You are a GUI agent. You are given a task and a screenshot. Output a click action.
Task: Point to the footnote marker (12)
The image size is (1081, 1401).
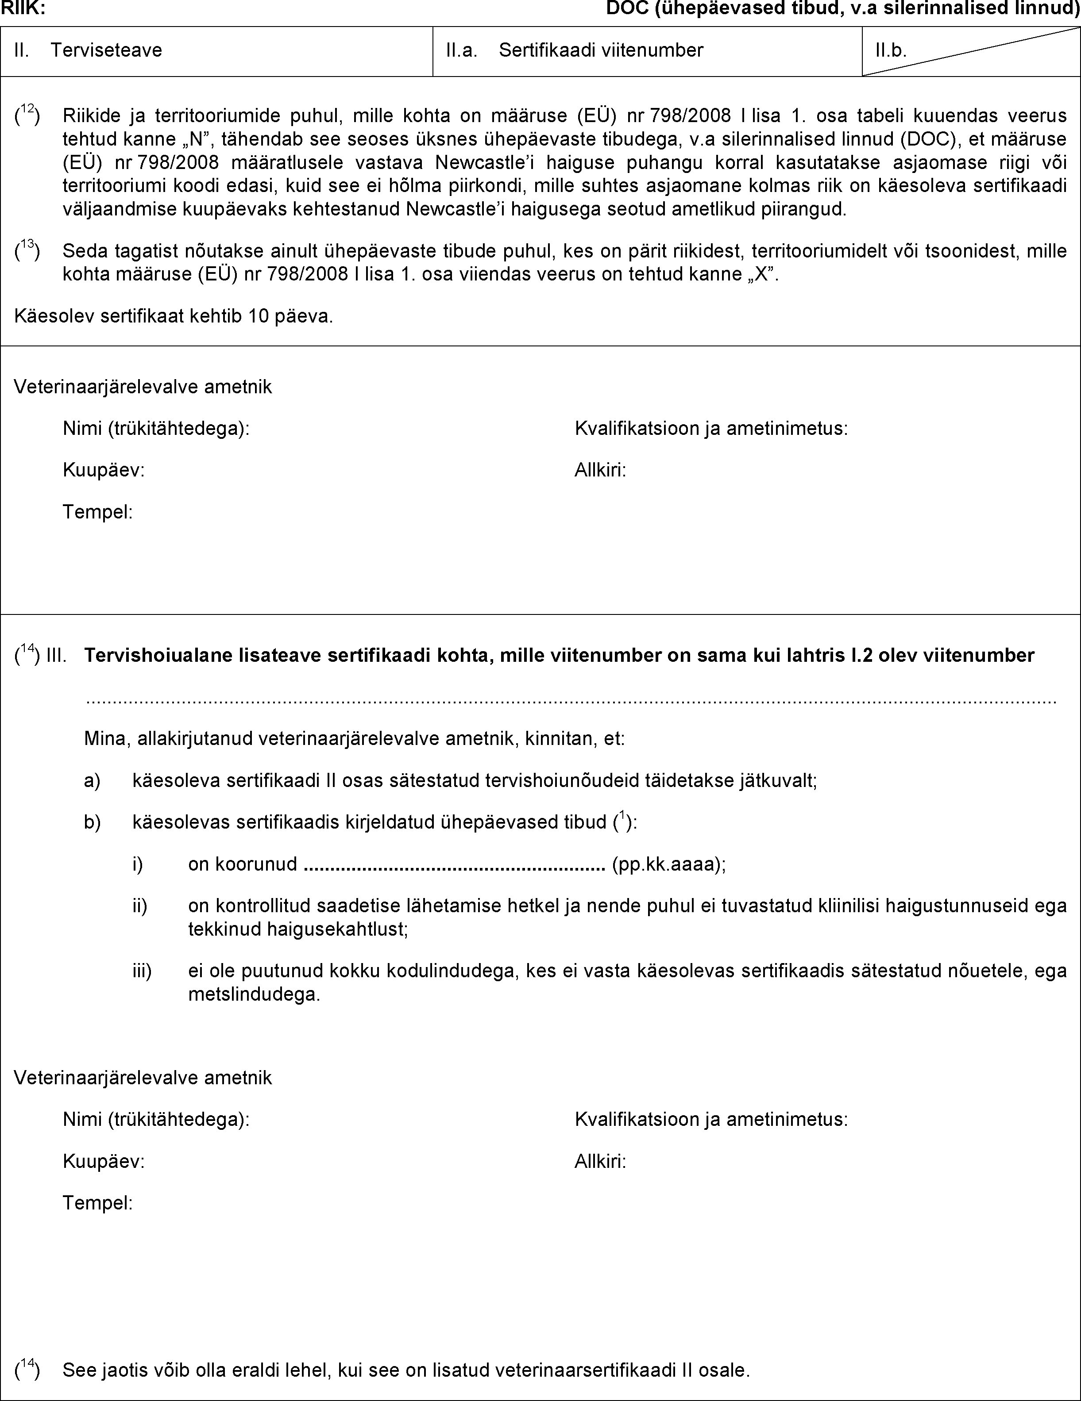(x=27, y=115)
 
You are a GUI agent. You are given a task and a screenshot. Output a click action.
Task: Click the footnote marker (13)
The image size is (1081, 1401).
(x=27, y=251)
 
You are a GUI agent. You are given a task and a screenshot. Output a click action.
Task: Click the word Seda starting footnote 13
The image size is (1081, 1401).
(x=84, y=251)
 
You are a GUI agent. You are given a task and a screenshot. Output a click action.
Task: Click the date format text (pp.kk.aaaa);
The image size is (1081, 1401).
(x=669, y=865)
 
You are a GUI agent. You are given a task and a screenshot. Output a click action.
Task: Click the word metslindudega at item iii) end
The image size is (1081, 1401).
(x=254, y=995)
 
